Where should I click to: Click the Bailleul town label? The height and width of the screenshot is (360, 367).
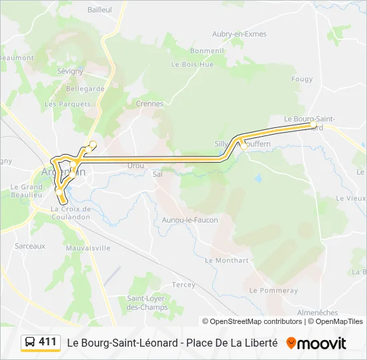(x=100, y=10)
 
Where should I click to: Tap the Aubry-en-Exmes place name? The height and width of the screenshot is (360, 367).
(x=239, y=34)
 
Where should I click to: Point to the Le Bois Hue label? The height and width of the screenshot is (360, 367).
(x=192, y=65)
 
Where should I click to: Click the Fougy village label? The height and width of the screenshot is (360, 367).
(x=302, y=79)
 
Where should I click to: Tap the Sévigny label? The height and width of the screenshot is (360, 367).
(x=70, y=71)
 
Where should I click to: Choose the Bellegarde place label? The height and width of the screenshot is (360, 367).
(x=85, y=88)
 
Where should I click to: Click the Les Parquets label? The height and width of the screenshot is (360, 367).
(x=58, y=104)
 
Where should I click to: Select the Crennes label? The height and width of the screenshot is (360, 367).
(x=149, y=103)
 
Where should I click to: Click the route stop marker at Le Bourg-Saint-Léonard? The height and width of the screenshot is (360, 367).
(x=314, y=125)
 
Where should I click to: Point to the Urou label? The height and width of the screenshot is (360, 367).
(x=135, y=165)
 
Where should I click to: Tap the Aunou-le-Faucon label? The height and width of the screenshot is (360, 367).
(x=190, y=220)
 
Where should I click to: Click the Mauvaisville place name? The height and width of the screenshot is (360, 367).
(x=89, y=247)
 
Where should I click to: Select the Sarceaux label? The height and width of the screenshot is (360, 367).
(x=30, y=246)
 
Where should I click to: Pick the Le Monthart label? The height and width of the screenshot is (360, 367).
(x=227, y=261)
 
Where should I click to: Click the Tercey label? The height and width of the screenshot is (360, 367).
(x=183, y=285)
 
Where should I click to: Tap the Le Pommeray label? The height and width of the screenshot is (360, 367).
(x=274, y=291)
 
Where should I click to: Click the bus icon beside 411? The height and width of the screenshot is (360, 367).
(x=29, y=343)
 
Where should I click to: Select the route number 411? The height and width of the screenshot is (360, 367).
(x=47, y=342)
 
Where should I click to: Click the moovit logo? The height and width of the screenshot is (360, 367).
(x=316, y=343)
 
